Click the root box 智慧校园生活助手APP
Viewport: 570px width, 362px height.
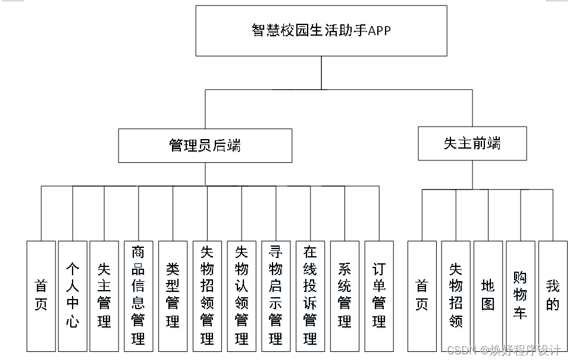tap(321, 31)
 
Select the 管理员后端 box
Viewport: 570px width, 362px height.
tap(205, 146)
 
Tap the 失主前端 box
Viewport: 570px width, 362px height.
tap(472, 143)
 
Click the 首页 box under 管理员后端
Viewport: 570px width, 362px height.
tap(41, 295)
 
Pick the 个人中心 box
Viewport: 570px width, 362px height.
tap(73, 295)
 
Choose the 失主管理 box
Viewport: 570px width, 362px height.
tap(105, 295)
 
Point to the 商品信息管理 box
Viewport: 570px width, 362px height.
tap(138, 295)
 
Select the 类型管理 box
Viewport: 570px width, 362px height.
tap(173, 295)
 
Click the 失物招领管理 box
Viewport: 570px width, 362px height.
tap(207, 295)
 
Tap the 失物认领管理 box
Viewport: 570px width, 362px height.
tap(242, 295)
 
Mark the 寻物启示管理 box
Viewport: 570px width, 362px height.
tap(275, 295)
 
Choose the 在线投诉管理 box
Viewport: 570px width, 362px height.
tap(310, 295)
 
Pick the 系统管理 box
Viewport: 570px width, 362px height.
tap(344, 295)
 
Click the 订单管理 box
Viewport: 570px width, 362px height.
tap(379, 295)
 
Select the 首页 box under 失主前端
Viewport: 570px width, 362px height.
tap(422, 295)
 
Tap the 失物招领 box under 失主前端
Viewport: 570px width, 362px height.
tap(456, 295)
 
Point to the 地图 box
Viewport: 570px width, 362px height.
tap(488, 295)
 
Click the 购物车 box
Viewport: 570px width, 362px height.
tap(520, 295)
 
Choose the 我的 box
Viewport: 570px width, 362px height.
tap(553, 295)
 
